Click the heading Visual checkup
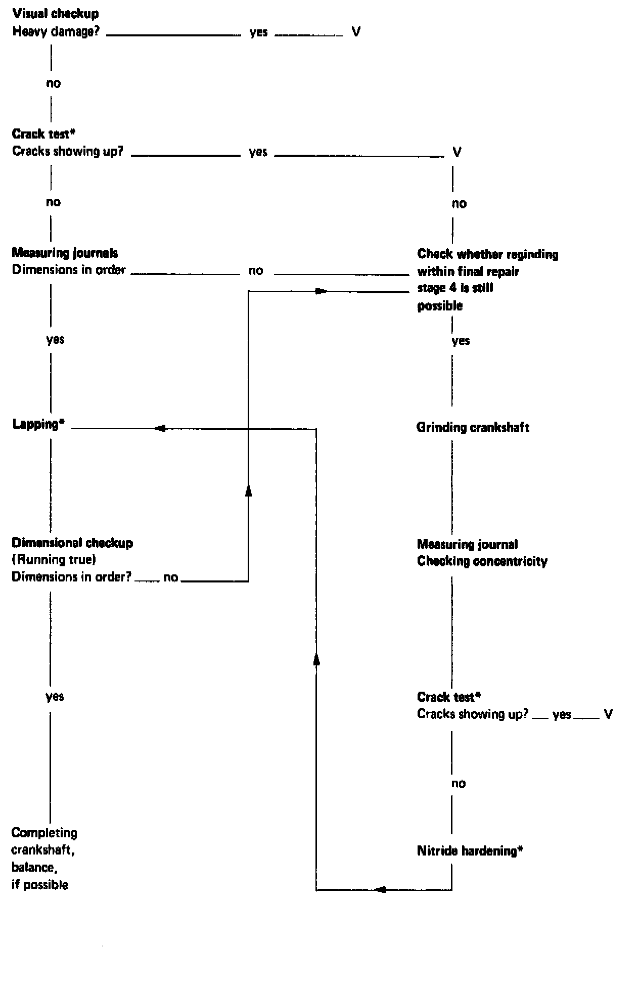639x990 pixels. point(56,14)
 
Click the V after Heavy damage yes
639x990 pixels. point(356,33)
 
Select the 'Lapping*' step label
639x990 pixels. point(39,424)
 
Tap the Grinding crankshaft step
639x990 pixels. point(473,427)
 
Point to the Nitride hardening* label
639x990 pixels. point(470,851)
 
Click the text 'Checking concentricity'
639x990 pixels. point(482,562)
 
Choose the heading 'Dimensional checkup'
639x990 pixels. point(72,543)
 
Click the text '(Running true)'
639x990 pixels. point(54,560)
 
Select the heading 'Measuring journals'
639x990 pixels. point(65,253)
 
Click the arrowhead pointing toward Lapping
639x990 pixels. point(160,429)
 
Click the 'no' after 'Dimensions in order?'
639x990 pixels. point(171,577)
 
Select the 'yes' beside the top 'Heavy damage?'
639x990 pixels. point(258,33)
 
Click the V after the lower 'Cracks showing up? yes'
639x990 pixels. point(608,714)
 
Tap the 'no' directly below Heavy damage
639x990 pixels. point(53,83)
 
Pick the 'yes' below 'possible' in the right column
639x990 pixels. point(461,341)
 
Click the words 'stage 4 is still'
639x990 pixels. point(455,289)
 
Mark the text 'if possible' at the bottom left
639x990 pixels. point(40,884)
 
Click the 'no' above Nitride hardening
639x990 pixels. point(458,783)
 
